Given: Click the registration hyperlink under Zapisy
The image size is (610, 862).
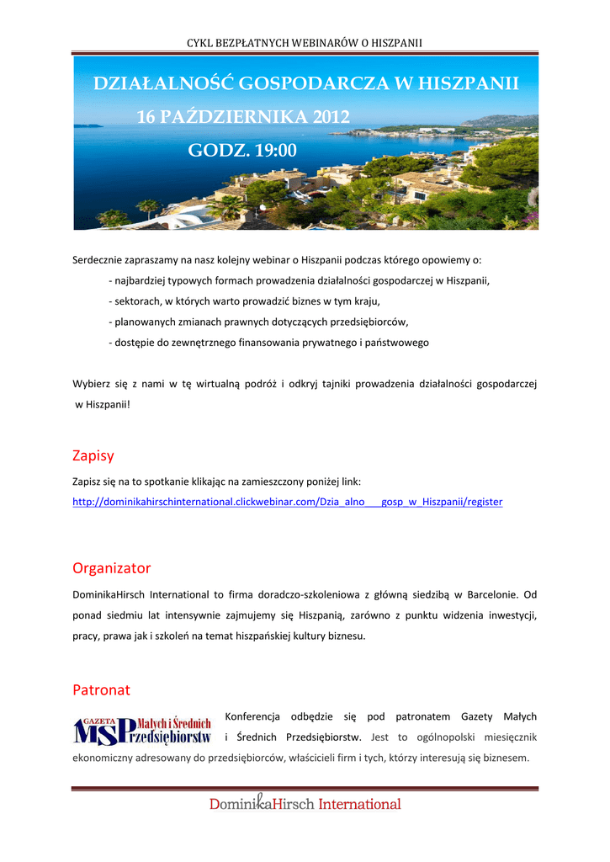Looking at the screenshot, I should [288, 502].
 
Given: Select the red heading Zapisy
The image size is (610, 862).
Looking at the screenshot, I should [93, 456].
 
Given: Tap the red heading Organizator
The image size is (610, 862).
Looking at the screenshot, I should [112, 568].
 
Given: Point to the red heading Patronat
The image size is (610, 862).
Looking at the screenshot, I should [102, 690].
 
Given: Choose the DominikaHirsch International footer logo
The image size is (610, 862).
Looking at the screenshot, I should [305, 804].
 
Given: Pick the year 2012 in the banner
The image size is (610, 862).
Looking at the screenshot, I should [331, 117].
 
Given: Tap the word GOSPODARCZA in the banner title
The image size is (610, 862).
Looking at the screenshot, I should [315, 84].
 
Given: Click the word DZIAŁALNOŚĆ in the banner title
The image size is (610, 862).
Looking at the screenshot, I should [163, 84].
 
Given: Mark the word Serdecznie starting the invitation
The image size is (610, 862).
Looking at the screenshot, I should [98, 260].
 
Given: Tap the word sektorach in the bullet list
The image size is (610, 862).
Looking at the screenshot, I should [136, 301].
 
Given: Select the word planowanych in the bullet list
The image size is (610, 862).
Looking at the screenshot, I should [143, 322].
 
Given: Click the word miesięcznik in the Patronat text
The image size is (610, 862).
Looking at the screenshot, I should [507, 737].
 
